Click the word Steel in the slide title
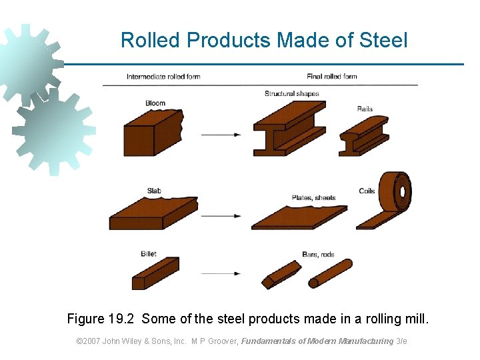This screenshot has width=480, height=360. tap(383, 41)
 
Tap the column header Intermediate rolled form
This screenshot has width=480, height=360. tap(163, 77)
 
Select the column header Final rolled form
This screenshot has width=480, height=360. tap(331, 76)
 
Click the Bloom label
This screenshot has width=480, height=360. tap(155, 103)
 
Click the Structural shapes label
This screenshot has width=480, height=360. tap(292, 94)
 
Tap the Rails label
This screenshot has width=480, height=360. tap(365, 109)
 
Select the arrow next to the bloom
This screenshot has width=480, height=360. tap(221, 135)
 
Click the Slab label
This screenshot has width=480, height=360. tap(154, 191)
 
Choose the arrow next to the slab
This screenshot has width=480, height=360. tap(221, 215)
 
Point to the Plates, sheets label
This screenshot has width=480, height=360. tap(313, 198)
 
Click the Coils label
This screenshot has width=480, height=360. tap(367, 191)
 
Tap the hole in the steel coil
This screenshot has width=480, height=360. tap(402, 193)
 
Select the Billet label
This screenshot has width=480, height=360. tap(149, 254)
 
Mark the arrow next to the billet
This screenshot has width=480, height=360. tap(221, 273)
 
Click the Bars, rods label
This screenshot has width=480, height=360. tap(318, 255)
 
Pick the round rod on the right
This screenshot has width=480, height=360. tap(330, 273)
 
